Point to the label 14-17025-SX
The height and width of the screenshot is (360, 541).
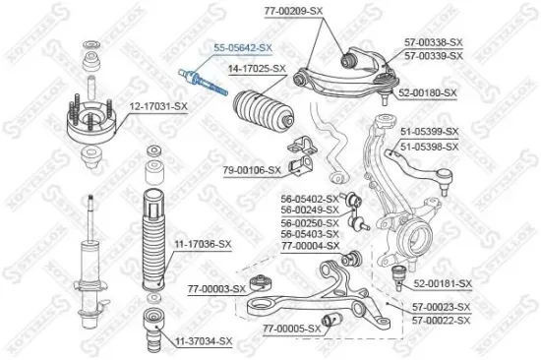(257, 69)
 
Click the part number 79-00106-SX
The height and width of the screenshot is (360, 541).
(251, 169)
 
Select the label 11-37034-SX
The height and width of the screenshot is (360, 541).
(204, 341)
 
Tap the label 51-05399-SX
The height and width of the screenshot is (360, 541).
(430, 130)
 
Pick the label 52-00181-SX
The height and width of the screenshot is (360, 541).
(443, 284)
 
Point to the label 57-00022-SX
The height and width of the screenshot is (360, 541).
(442, 319)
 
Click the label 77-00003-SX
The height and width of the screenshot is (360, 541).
(214, 290)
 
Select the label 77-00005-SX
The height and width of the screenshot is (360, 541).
(292, 328)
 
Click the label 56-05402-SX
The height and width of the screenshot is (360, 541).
(310, 199)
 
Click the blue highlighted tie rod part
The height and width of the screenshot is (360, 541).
(203, 83)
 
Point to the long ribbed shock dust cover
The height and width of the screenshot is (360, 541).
(154, 237)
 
